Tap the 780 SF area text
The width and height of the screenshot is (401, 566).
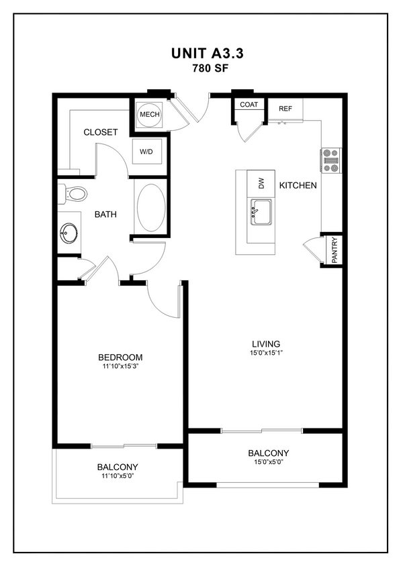(200, 68)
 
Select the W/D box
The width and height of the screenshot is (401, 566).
(146, 152)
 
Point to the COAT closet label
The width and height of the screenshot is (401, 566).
(249, 105)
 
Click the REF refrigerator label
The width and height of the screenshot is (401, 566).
(285, 107)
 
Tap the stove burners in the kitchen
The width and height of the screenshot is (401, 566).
(330, 160)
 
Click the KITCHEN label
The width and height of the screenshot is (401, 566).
(298, 185)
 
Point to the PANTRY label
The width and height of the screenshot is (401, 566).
(335, 250)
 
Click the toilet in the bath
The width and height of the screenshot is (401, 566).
(74, 194)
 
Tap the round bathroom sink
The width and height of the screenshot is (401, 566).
(69, 234)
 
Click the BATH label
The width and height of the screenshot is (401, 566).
(105, 215)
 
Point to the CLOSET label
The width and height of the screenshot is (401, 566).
(101, 132)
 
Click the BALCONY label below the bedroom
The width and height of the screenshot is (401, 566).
(118, 467)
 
